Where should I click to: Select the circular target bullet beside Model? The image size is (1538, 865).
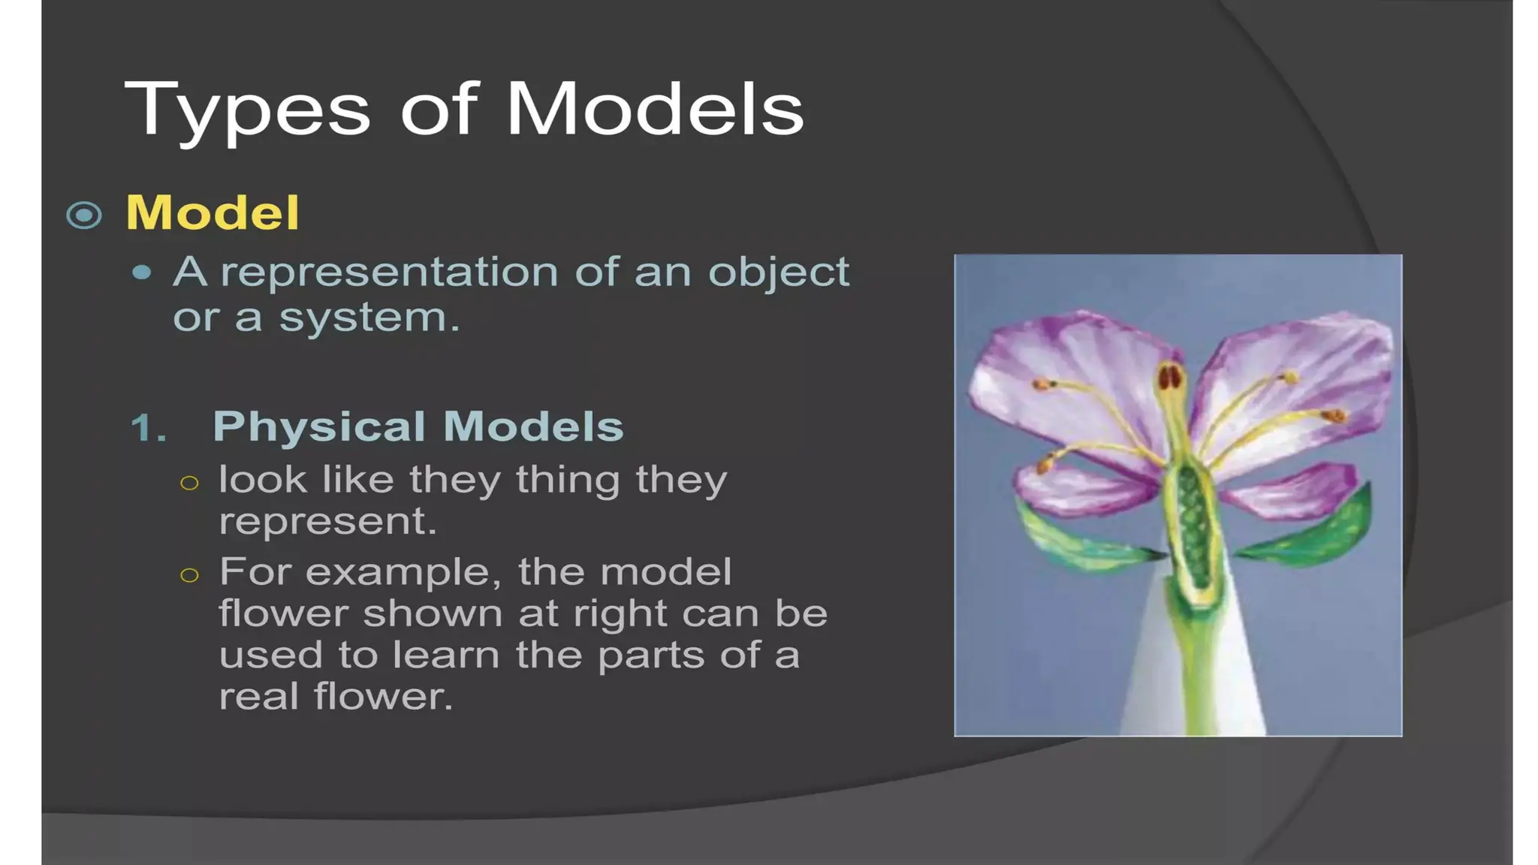click(x=84, y=215)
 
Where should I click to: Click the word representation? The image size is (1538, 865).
click(x=389, y=272)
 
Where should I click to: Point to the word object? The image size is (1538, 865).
click(x=778, y=273)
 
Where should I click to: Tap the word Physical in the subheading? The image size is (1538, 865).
click(x=319, y=426)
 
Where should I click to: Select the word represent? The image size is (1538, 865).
click(x=327, y=521)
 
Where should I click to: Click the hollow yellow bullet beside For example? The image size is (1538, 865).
click(x=190, y=576)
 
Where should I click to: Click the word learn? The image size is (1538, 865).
click(x=446, y=655)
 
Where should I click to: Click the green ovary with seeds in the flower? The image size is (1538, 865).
click(x=1192, y=526)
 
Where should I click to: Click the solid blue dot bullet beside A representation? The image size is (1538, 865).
click(x=141, y=273)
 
